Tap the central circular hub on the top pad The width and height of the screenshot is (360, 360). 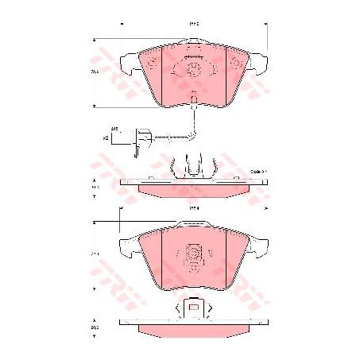point(193,70)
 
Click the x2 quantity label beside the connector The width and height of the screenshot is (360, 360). point(105,138)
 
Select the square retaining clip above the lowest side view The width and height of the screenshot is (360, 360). point(192,308)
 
